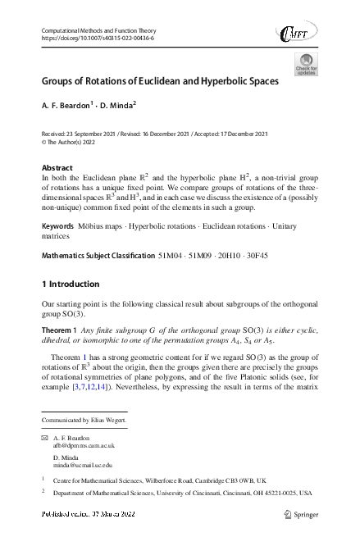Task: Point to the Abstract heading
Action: tap(56, 166)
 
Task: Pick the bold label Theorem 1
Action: tap(58, 331)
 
